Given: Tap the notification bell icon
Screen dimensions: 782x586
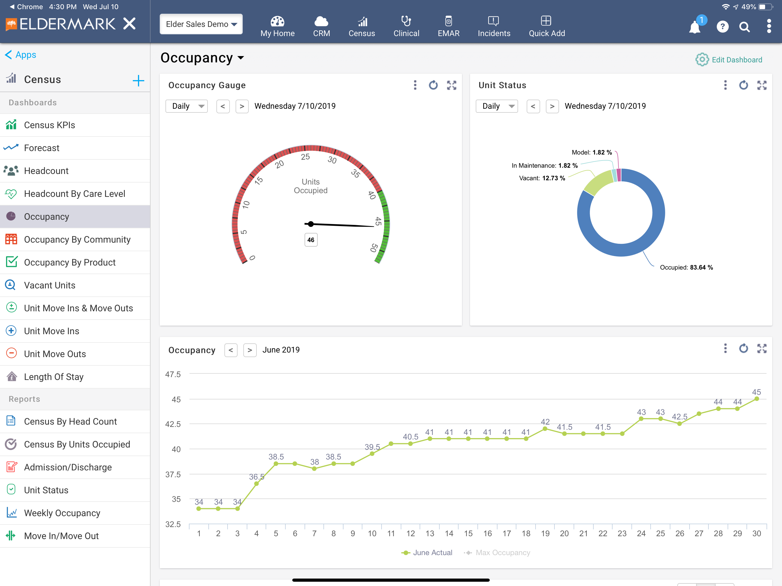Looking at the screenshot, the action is point(695,27).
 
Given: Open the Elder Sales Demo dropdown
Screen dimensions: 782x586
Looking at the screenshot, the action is point(201,24).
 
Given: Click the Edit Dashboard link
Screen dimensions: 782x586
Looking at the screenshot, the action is point(729,60).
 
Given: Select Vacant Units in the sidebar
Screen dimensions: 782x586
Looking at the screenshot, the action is point(50,285).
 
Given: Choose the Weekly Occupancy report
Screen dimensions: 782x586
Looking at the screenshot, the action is point(62,513).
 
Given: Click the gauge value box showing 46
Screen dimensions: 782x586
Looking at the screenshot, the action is point(311,239).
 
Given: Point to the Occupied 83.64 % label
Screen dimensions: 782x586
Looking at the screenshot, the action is point(686,267).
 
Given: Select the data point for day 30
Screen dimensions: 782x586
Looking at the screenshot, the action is point(757,399).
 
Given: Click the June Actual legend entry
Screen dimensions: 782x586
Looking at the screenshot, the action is point(427,553).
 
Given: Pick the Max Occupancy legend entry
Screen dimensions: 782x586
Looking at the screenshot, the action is point(497,553).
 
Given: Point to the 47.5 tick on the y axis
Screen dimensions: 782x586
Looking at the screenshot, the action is point(173,374).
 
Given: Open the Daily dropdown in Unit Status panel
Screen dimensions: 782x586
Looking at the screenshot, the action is point(497,106).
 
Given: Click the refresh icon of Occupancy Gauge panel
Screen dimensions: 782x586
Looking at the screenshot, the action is point(433,85).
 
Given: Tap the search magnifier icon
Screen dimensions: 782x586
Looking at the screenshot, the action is point(744,27).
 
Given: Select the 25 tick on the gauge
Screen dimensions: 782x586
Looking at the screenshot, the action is point(305,157).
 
